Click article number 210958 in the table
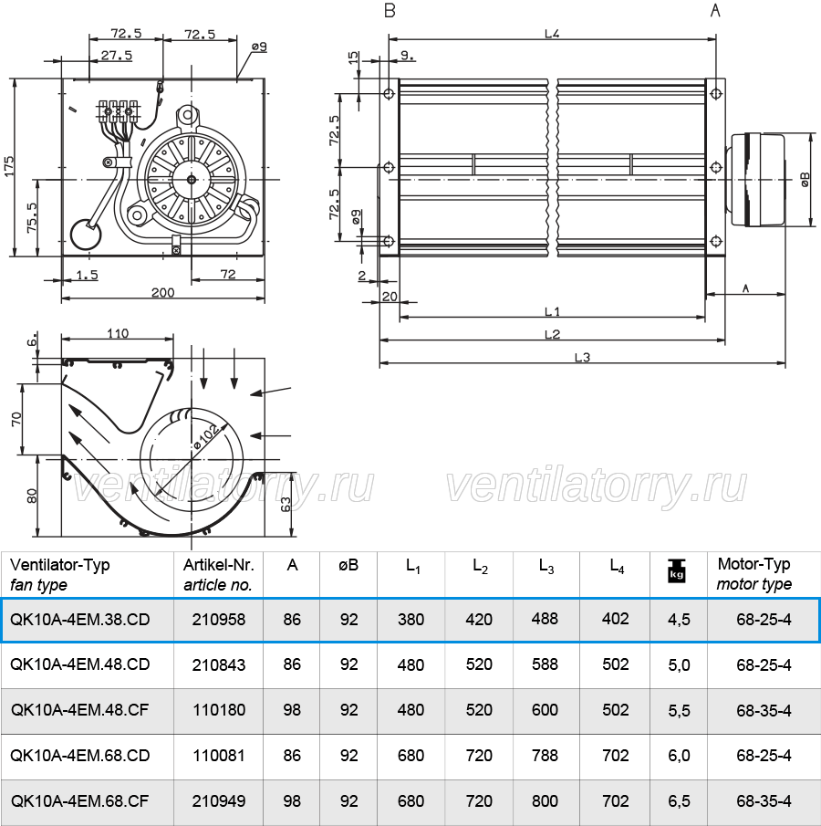tap(219, 619)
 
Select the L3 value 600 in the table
tap(545, 709)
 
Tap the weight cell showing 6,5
tap(679, 800)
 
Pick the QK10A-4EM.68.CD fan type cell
tap(80, 756)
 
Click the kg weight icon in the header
tap(676, 570)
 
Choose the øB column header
tap(348, 565)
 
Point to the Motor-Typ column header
tap(753, 564)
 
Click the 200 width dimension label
tap(162, 292)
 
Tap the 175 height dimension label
tap(9, 166)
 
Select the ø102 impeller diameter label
tap(206, 436)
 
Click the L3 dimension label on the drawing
tap(582, 358)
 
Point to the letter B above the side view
tap(390, 11)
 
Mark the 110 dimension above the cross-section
tap(118, 333)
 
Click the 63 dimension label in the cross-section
tap(286, 504)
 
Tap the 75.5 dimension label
tap(32, 217)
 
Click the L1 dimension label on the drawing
tap(552, 312)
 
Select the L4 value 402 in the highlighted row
tap(615, 619)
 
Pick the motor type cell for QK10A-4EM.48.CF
tap(764, 710)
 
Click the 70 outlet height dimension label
tap(16, 419)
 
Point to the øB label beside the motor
tap(805, 179)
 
